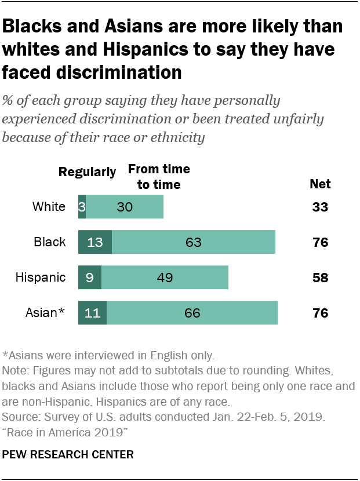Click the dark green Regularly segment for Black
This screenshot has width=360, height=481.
[x=95, y=242]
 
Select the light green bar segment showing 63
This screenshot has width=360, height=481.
[x=194, y=242]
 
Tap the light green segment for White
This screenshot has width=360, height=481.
[x=125, y=207]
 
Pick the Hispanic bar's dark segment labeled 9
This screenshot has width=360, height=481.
[x=90, y=278]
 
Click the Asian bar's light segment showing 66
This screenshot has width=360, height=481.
[x=192, y=313]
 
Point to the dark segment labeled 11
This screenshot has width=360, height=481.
[x=92, y=313]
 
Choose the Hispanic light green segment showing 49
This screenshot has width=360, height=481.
[x=165, y=278]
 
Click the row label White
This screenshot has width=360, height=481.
[x=49, y=207]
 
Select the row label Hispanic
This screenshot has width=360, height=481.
[x=41, y=278]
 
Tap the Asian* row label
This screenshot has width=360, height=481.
[x=45, y=313]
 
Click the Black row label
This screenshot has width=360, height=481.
[x=50, y=242]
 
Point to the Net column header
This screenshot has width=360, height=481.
[x=320, y=184]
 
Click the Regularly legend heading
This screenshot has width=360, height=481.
[x=88, y=172]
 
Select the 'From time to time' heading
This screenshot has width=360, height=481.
[x=159, y=177]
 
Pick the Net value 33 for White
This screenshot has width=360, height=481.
[x=319, y=207]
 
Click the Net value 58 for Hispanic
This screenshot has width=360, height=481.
[x=319, y=278]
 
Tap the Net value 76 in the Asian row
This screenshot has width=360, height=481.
[x=319, y=313]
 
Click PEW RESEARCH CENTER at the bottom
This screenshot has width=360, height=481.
[x=68, y=455]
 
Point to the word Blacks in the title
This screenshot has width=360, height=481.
[x=35, y=27]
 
